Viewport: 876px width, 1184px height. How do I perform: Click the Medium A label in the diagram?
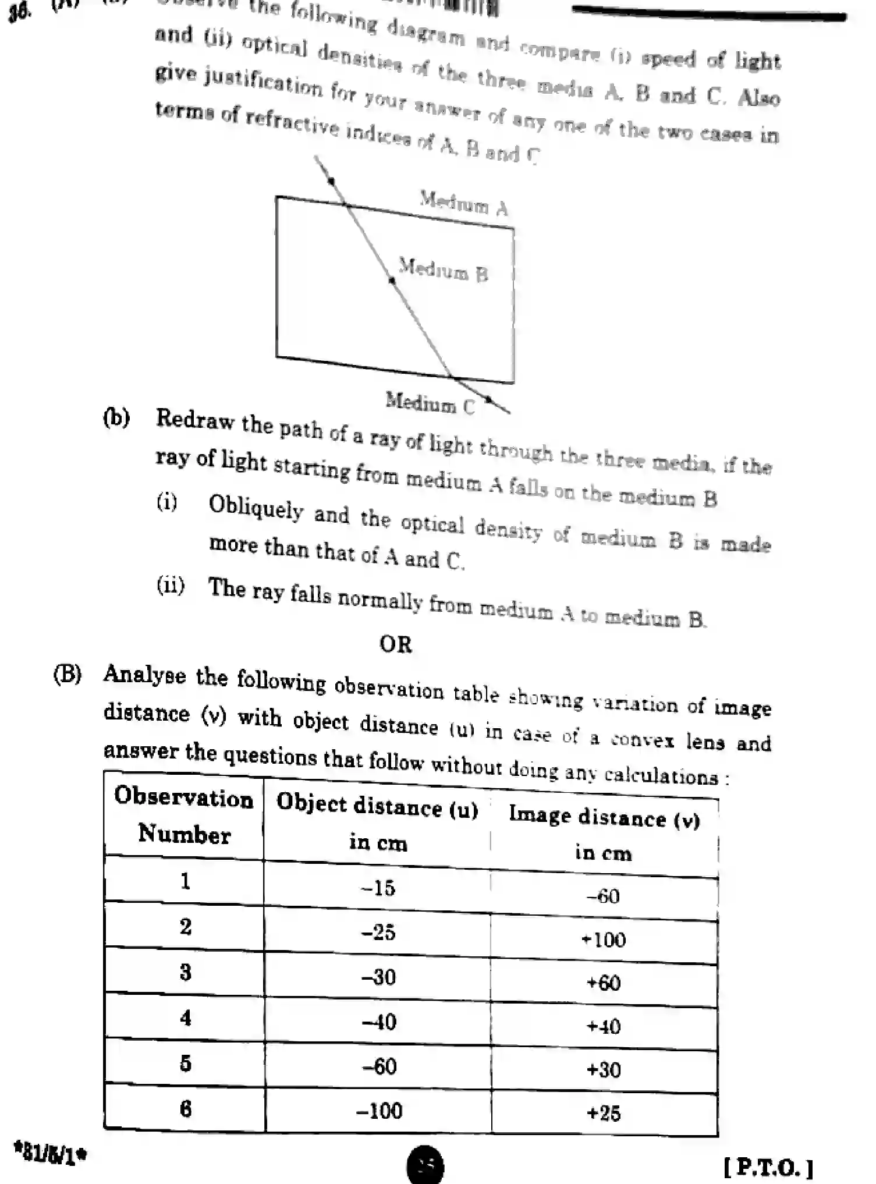coord(464,203)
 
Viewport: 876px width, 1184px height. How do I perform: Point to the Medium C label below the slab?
coord(430,403)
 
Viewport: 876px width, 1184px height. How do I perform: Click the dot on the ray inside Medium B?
coord(392,281)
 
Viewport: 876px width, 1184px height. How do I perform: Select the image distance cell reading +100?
coord(604,940)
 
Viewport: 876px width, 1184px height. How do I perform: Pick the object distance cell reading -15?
coord(378,888)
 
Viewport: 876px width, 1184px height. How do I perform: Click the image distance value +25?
coord(604,1114)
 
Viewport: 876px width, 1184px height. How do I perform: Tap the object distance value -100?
coord(379,1111)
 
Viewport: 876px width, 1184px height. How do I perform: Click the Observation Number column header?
coord(184,815)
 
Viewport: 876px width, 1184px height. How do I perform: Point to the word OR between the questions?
coord(396,644)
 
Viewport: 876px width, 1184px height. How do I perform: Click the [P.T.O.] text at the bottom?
coord(768,1167)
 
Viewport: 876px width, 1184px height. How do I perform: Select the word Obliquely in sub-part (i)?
coord(256,506)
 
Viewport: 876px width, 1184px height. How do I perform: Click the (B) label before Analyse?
coord(68,674)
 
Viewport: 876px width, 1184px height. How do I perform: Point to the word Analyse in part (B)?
coord(145,675)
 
